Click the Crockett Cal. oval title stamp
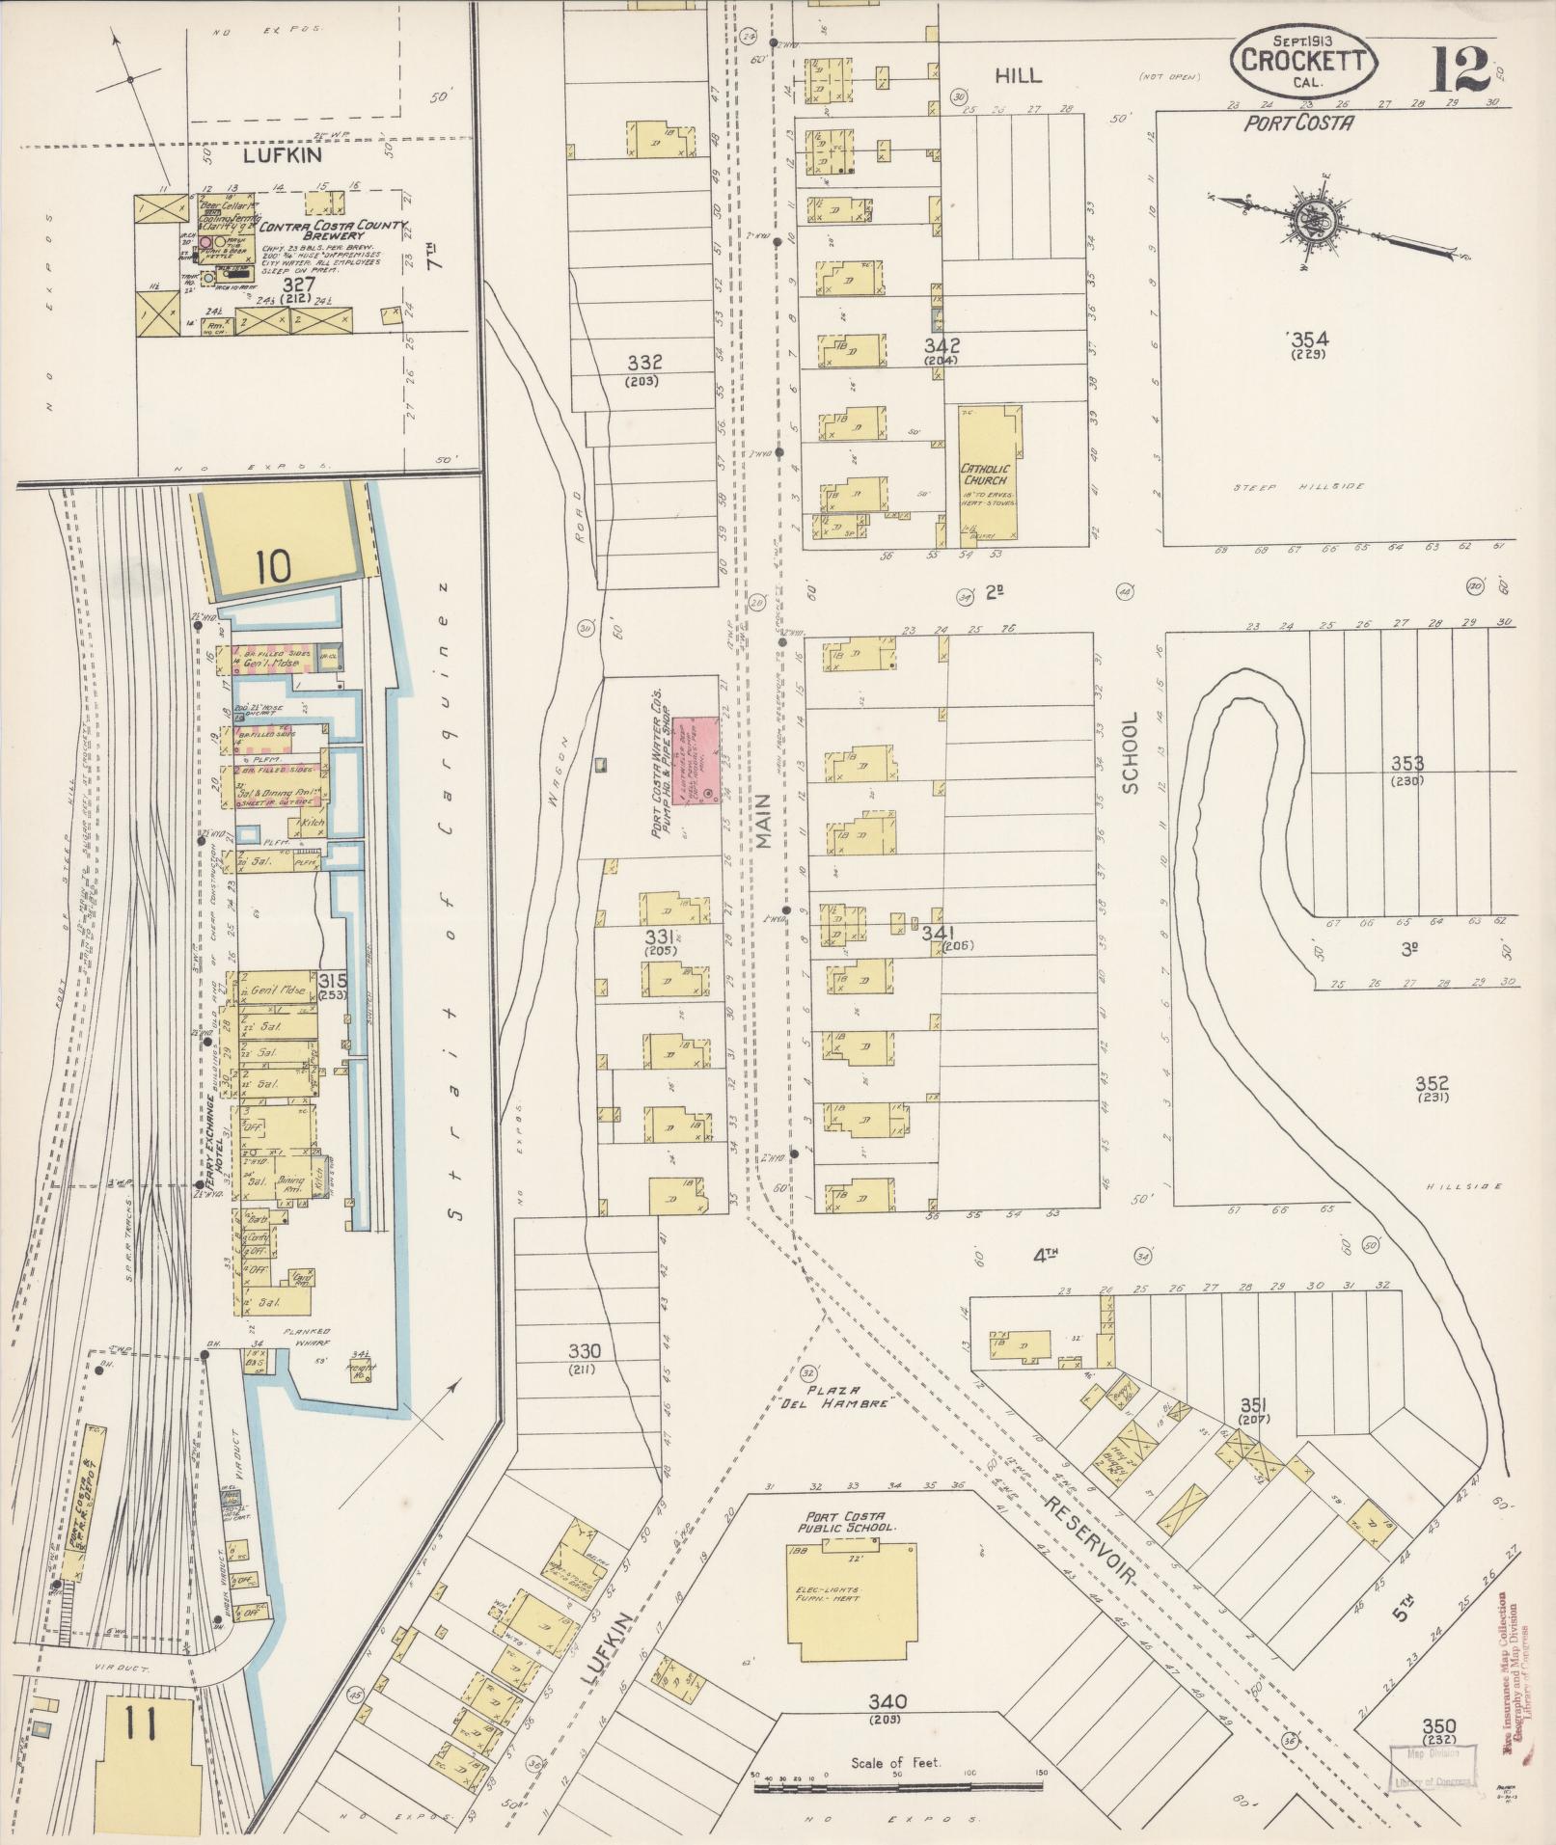(x=1304, y=61)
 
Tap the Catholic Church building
(x=987, y=472)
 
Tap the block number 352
(x=1433, y=1083)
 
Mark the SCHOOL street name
(x=1131, y=752)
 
